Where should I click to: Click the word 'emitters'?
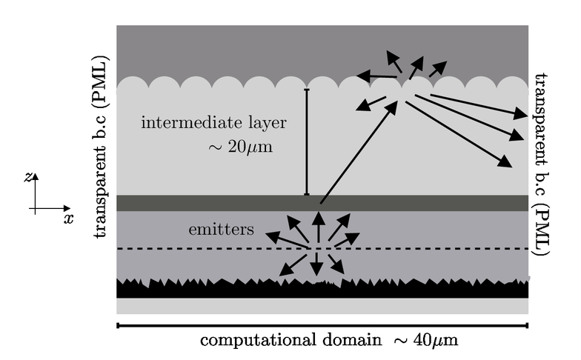coord(221,230)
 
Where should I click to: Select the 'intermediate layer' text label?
coord(213,123)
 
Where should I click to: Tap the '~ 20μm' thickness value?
coord(240,147)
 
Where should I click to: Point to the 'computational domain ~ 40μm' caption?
coord(329,340)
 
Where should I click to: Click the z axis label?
coord(28,178)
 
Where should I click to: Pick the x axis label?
coord(68,219)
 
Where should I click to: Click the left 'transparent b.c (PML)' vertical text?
coord(101,147)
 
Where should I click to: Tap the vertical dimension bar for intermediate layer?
coord(307,142)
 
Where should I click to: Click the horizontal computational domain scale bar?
coord(322,326)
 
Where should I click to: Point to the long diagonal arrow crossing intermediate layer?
coord(359,153)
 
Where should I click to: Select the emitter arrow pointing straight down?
coord(316,264)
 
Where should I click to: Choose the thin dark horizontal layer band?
coord(322,203)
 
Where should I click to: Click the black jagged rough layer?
coord(322,288)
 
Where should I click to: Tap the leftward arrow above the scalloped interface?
coord(376,76)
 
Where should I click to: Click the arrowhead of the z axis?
coord(36,176)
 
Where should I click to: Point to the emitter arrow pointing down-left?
coord(292,265)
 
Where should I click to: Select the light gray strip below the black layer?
coord(322,307)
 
